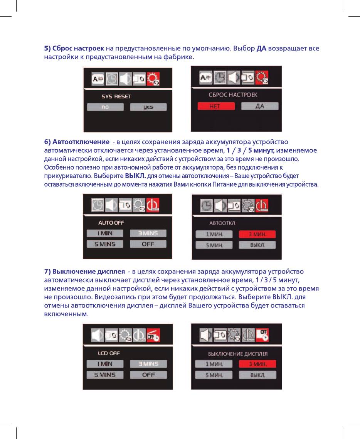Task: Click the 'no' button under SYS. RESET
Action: point(105,107)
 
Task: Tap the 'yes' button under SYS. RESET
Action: point(148,107)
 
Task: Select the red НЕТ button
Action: point(216,106)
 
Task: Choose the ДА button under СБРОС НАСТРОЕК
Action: point(260,106)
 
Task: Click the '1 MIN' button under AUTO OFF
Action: point(105,233)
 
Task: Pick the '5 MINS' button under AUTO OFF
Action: point(105,244)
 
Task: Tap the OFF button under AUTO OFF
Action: point(148,244)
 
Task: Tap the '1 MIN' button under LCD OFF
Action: point(105,364)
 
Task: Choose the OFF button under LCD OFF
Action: point(148,375)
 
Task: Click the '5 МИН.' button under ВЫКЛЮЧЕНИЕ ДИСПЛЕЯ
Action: point(214,375)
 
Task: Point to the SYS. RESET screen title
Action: point(116,96)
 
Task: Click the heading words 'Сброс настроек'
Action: point(78,49)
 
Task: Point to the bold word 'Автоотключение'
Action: point(81,142)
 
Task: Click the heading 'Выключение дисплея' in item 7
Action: point(88,272)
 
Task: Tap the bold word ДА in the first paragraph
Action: point(261,49)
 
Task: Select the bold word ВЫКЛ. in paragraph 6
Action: point(135,176)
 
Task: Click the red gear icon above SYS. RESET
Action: point(153,79)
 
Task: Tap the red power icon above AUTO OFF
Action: point(153,205)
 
